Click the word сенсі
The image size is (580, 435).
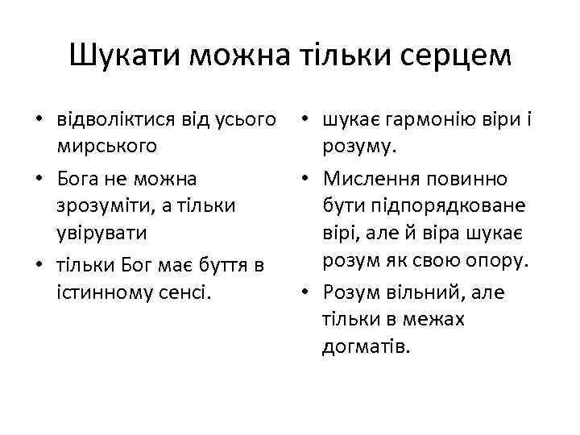pyautogui.click(x=185, y=292)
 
